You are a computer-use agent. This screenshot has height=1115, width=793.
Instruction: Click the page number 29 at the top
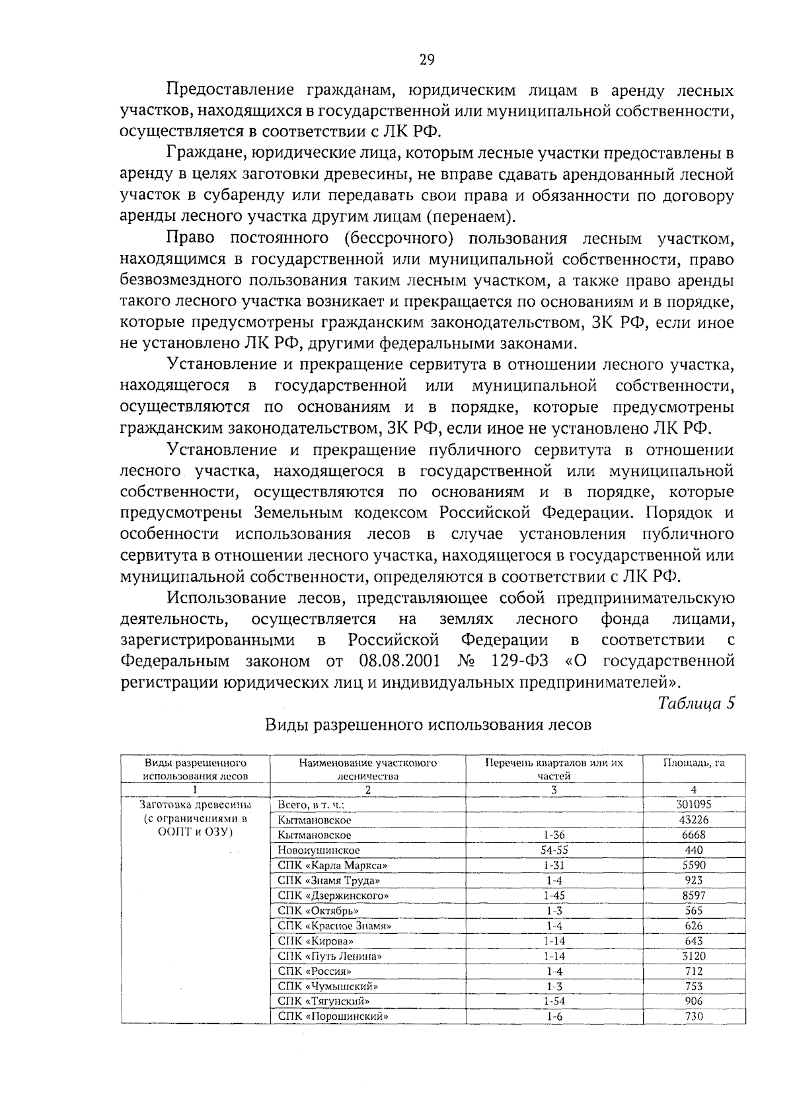pyautogui.click(x=427, y=60)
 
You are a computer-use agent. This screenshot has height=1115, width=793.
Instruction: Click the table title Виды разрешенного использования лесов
pyautogui.click(x=428, y=724)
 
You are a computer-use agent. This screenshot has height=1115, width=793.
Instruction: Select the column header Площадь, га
pyautogui.click(x=693, y=763)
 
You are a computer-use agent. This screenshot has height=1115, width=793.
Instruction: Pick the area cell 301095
pyautogui.click(x=693, y=805)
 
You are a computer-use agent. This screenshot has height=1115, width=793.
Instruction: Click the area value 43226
pyautogui.click(x=693, y=820)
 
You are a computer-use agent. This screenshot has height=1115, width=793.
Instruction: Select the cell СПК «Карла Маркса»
pyautogui.click(x=332, y=865)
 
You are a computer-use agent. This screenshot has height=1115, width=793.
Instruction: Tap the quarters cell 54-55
pyautogui.click(x=554, y=850)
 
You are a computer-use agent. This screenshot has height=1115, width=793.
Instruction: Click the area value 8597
pyautogui.click(x=693, y=896)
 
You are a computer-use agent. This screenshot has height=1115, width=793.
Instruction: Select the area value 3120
pyautogui.click(x=693, y=956)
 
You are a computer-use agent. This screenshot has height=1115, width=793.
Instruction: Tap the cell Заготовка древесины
pyautogui.click(x=196, y=805)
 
